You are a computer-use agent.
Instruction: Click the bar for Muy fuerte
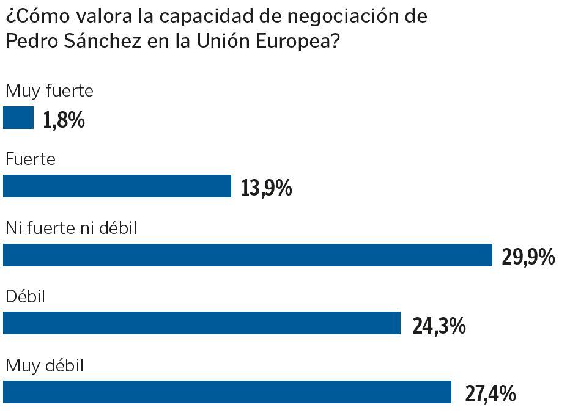coord(18,118)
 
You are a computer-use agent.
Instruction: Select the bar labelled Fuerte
coord(117,186)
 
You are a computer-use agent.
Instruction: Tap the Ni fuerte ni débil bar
coord(248,255)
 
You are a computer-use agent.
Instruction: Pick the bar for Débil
coord(202,323)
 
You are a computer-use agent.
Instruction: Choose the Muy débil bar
coord(227,392)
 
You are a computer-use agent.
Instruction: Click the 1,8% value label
coord(64,120)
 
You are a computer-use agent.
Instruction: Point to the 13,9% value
coord(267,188)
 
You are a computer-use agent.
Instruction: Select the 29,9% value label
coord(528,257)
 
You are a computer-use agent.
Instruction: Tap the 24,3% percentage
coord(439,326)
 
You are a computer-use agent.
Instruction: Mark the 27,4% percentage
coord(490,394)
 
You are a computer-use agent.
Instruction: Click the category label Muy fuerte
coord(49,92)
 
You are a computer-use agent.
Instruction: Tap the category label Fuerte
coord(30,160)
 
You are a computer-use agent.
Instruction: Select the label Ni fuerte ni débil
coord(71,228)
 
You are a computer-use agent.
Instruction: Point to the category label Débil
coord(26,297)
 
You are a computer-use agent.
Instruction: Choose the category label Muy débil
coord(44,366)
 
